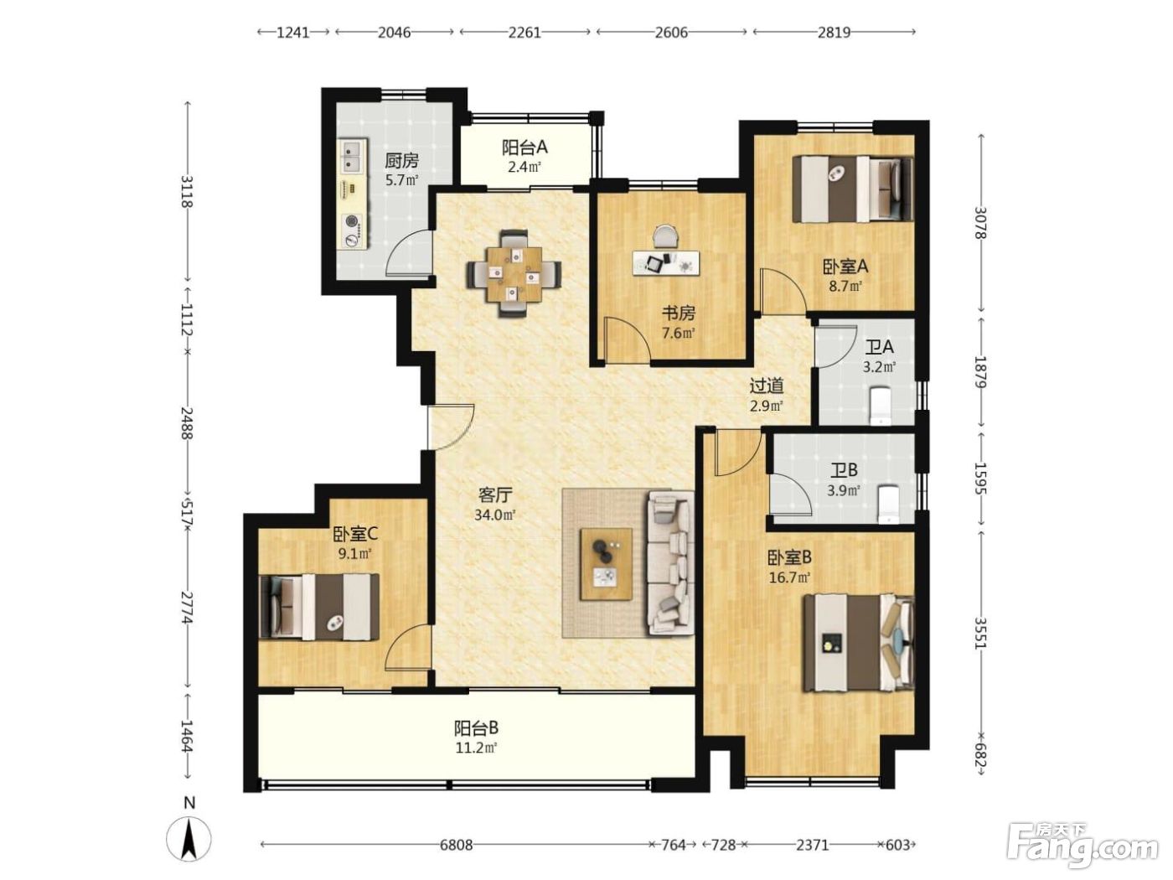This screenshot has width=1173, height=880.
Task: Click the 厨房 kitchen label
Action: tap(401, 160)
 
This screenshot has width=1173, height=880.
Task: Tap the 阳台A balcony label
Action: tap(524, 148)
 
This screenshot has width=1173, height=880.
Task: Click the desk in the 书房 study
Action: tap(666, 262)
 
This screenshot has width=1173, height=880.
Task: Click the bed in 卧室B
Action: tap(859, 643)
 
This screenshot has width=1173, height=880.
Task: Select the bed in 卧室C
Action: tap(319, 607)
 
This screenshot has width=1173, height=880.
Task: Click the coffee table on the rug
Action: tap(607, 564)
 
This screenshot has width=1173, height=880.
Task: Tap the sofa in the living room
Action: tap(670, 563)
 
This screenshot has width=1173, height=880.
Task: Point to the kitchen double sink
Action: tap(354, 155)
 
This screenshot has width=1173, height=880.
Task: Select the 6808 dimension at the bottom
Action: tap(457, 845)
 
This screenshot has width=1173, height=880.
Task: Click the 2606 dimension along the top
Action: tap(671, 33)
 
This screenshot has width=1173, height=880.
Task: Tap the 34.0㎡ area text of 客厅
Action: tap(495, 515)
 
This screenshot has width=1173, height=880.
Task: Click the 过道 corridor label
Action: tap(767, 386)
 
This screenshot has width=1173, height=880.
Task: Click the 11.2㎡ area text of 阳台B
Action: tap(476, 748)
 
